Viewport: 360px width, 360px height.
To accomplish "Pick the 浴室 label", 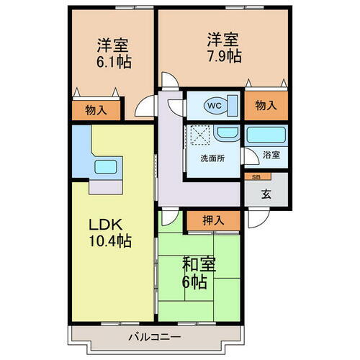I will (271, 155).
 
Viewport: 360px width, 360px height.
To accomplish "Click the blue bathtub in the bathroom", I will (266, 135).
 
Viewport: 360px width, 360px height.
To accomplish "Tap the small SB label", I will (256, 176).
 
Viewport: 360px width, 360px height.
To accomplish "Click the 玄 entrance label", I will (266, 193).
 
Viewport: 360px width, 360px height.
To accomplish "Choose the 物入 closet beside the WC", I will (266, 105).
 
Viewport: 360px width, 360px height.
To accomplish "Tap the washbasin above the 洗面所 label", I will (225, 134).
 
